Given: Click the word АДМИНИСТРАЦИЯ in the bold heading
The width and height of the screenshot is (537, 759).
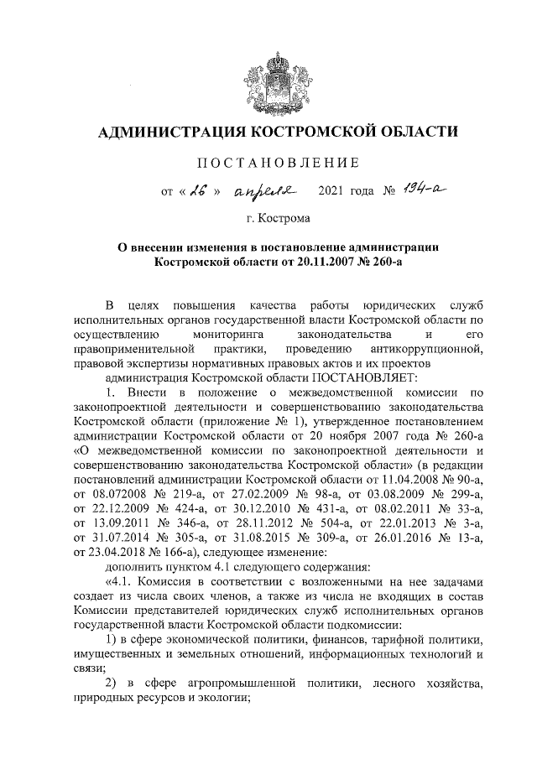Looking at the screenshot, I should tap(172, 132).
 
